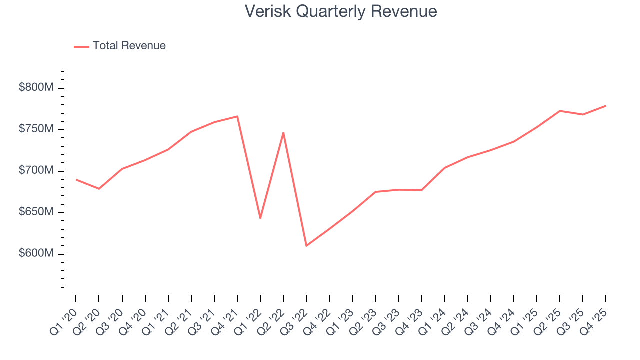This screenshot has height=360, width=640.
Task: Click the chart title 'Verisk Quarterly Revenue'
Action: coord(341,11)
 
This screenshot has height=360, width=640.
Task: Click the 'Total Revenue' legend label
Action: coord(129,46)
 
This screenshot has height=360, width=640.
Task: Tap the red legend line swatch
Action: coord(81,46)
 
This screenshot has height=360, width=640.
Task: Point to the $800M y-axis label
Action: coord(36,88)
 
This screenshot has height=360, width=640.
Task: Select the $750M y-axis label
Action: coord(36,129)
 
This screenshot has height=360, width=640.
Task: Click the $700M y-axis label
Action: coord(36,171)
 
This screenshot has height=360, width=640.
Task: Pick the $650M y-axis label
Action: coord(36,212)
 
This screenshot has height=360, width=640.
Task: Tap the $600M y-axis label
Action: coord(36,254)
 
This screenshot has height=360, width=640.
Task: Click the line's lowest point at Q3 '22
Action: coord(306,246)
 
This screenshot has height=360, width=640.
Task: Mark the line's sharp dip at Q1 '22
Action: coord(260,218)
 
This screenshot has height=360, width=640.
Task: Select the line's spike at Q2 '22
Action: coord(283,132)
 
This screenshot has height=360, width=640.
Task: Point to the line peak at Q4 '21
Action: coord(237,116)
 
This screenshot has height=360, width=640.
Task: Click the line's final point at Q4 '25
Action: coord(606,106)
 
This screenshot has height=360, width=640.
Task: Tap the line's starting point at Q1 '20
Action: coord(76,180)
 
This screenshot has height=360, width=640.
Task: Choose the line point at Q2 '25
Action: coord(560,111)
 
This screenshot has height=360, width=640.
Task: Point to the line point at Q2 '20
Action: coord(99,189)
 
